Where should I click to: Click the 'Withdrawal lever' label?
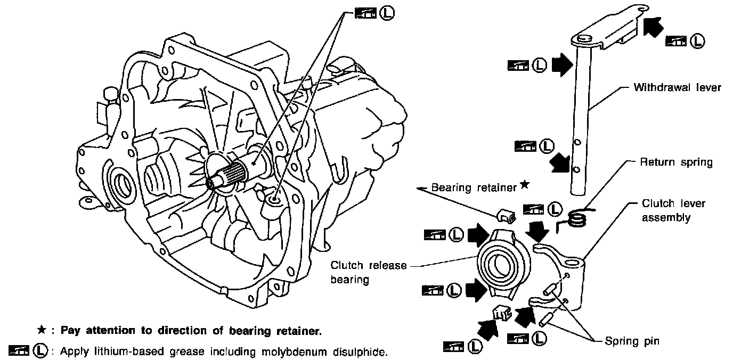678,88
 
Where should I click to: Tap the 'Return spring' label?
676,162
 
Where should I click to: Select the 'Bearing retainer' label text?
474,187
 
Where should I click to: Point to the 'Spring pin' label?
632,341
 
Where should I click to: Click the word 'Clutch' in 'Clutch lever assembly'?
657,203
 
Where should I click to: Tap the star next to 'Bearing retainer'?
525,185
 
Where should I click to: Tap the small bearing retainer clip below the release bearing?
502,313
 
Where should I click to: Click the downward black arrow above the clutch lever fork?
537,231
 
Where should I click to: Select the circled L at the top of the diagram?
387,13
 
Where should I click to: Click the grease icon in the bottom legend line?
19,350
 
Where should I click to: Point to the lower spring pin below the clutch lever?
545,319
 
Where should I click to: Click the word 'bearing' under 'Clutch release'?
349,280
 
